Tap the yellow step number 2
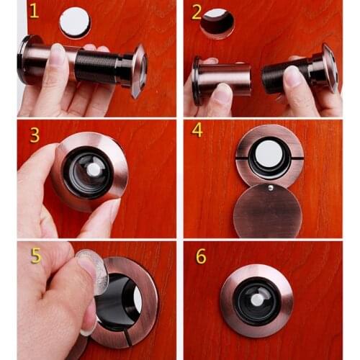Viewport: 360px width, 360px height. (x=197, y=12)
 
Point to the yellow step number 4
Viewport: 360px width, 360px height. (x=197, y=132)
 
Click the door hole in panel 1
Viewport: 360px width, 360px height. (x=74, y=23)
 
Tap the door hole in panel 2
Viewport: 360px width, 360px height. (x=217, y=23)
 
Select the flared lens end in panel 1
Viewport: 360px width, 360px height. (x=138, y=70)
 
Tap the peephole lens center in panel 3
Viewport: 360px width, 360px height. (x=91, y=170)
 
